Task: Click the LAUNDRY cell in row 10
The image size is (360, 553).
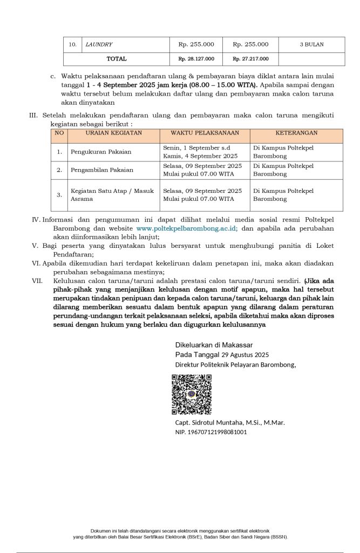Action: tap(99, 44)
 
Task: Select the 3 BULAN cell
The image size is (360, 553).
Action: tap(311, 44)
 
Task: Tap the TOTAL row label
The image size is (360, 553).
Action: tap(117, 59)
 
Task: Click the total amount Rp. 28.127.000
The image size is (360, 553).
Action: tap(196, 59)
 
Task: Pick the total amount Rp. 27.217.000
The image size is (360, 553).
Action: tap(250, 59)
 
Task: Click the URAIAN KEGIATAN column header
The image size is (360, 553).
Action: tap(113, 133)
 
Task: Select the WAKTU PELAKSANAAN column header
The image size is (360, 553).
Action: tap(205, 133)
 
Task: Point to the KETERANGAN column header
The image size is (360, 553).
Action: tap(296, 133)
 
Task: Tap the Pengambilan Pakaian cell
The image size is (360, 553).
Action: tap(102, 170)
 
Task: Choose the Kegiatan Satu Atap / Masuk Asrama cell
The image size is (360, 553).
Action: tap(112, 195)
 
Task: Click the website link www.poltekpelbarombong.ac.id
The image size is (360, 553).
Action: tap(187, 228)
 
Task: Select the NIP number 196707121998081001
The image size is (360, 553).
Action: tap(211, 432)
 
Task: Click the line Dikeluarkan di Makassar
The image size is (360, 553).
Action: tap(214, 345)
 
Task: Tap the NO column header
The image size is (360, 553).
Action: tap(59, 133)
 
